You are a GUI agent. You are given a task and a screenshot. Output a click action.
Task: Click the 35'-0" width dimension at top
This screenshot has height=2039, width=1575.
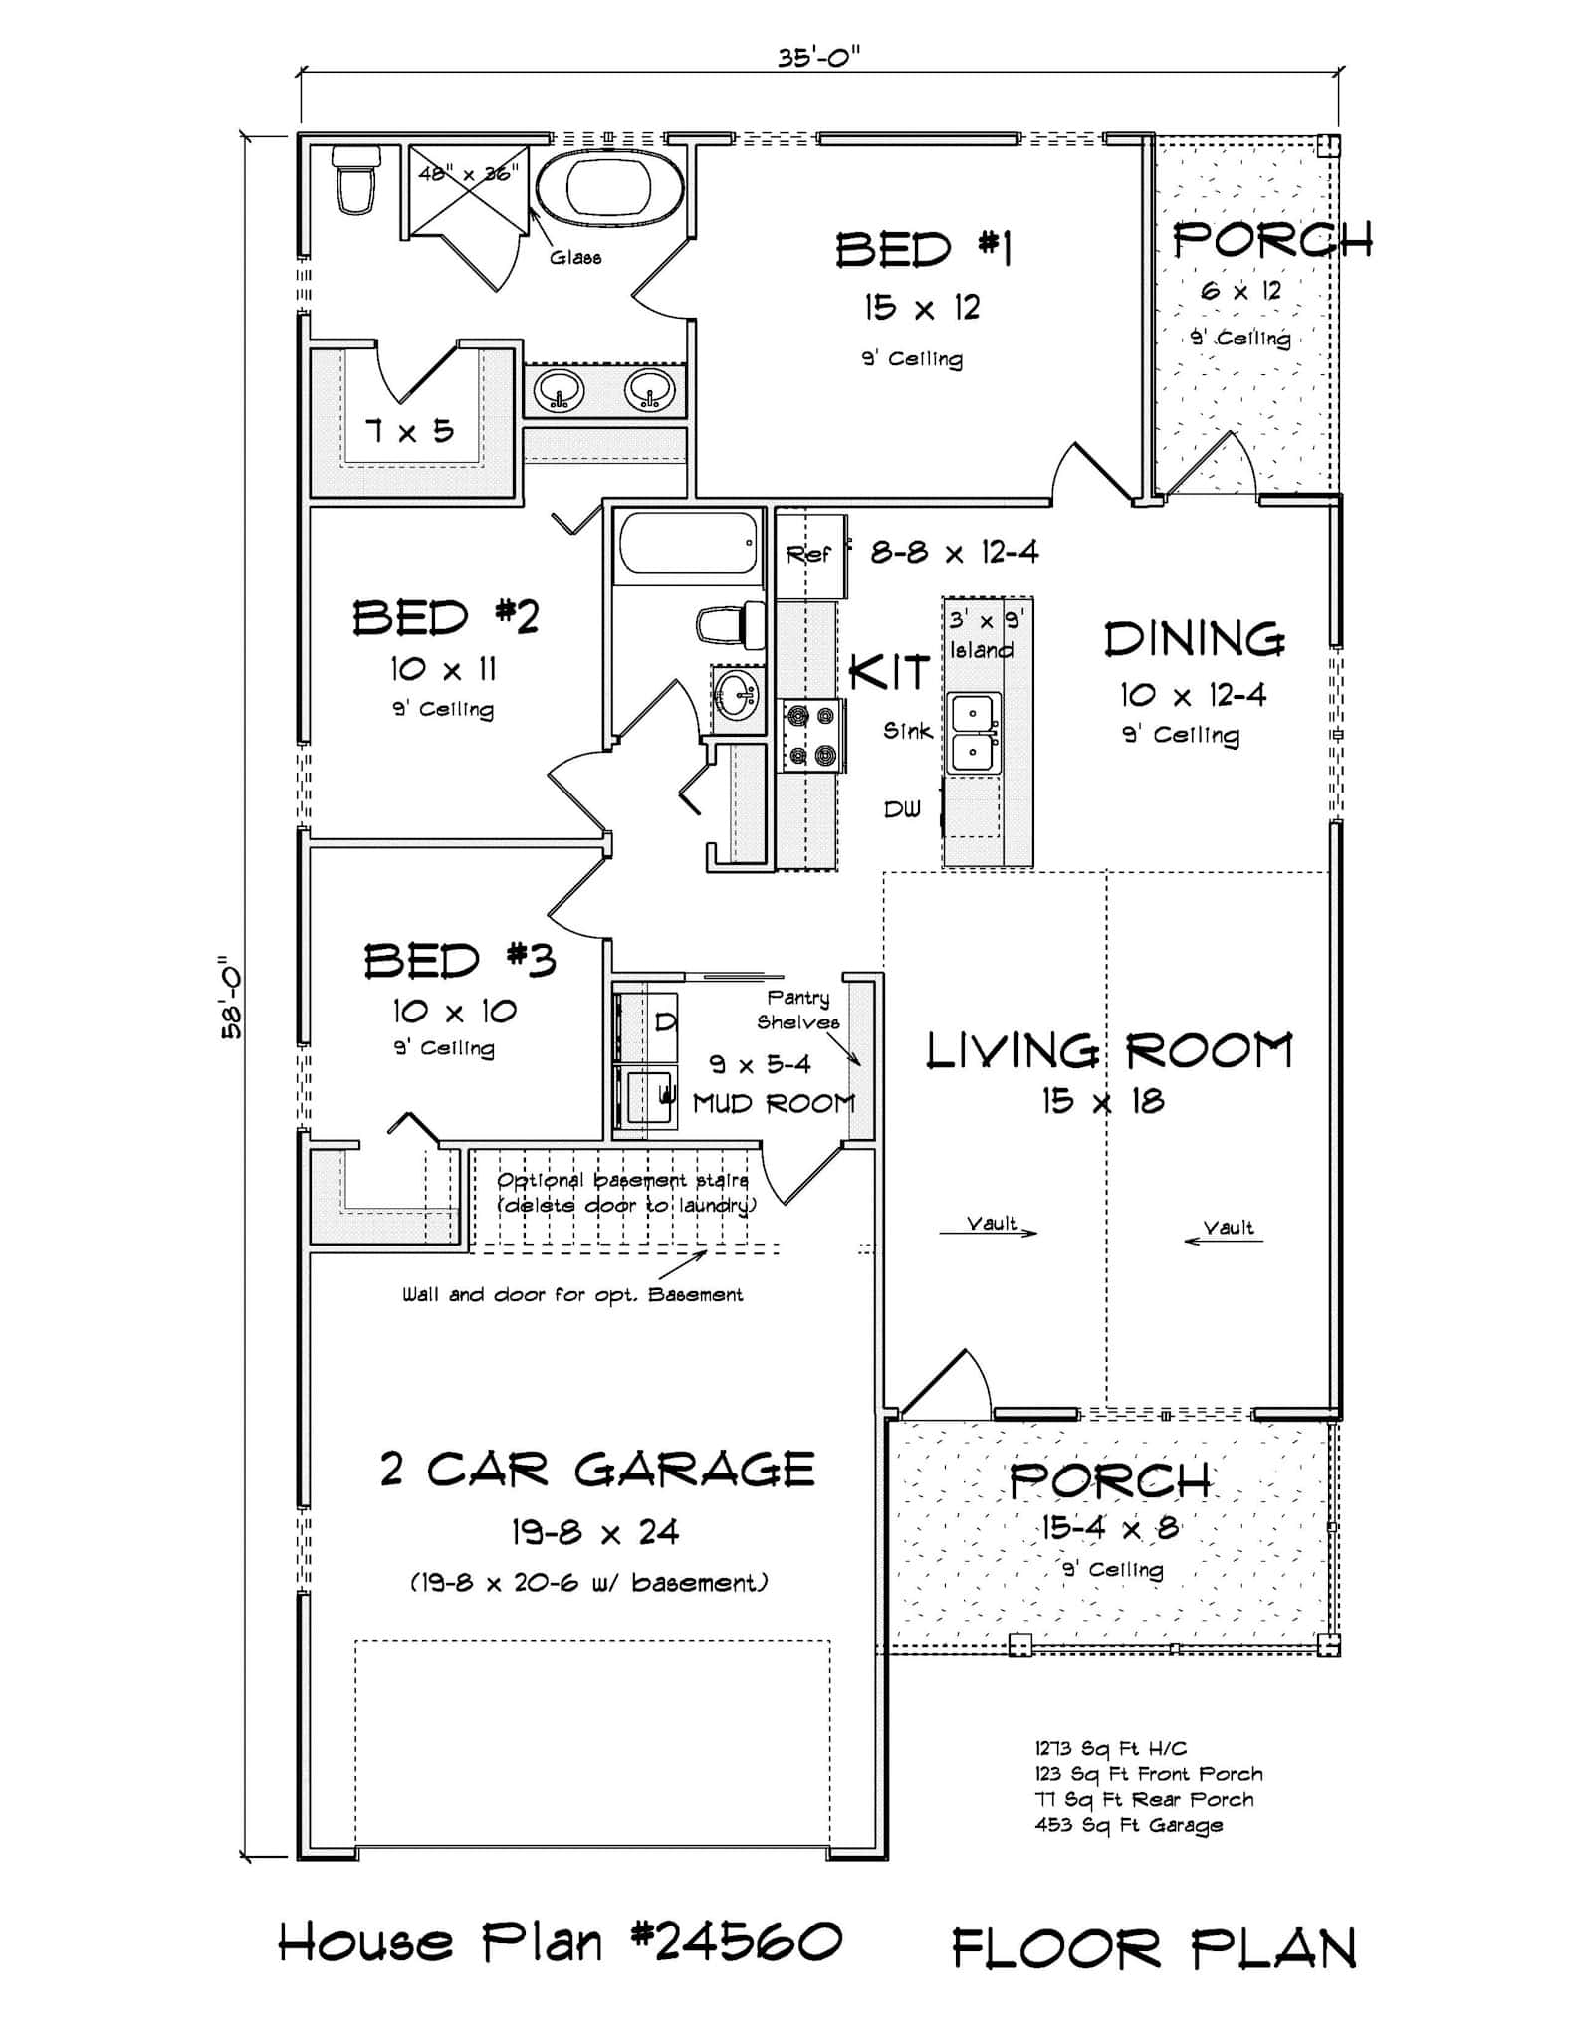818,57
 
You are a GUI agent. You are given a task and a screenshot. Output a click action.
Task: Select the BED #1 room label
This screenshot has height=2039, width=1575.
922,249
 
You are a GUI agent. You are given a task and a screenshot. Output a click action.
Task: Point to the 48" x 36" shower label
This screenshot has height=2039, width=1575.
468,173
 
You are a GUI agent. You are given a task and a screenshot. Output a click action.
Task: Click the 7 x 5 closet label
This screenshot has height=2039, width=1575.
409,431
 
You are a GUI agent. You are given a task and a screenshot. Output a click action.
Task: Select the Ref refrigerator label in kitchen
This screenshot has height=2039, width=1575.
807,554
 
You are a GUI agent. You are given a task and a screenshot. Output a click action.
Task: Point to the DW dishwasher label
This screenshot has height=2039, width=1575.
902,809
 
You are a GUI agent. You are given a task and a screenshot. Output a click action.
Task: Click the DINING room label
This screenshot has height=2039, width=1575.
1194,639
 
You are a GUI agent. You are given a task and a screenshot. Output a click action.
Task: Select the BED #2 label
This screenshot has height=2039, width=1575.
445,617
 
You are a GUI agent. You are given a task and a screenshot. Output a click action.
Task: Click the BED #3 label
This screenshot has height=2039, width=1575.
459,961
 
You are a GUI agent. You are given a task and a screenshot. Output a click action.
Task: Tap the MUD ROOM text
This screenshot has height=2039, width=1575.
774,1103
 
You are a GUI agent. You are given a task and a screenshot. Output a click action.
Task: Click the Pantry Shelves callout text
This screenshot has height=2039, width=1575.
798,1010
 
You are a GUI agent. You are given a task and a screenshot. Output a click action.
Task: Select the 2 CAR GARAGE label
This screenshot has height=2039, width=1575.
597,1470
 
